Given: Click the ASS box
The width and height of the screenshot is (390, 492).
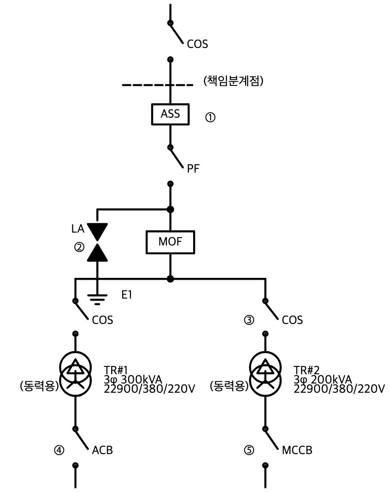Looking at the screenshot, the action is [x=170, y=114].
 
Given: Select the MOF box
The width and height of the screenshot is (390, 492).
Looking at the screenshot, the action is [x=170, y=242].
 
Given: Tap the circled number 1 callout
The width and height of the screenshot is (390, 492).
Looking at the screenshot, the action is [x=210, y=117].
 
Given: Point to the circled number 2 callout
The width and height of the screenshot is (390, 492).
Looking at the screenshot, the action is [x=79, y=247].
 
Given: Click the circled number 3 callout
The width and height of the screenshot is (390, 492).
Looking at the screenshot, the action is [x=249, y=320].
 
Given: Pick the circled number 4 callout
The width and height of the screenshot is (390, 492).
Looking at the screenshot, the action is [x=59, y=450].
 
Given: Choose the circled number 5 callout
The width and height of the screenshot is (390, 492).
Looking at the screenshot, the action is [x=249, y=450].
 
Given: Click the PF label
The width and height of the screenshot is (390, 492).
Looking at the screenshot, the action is [x=193, y=168].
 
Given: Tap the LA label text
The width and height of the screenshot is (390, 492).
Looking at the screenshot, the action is [x=78, y=229].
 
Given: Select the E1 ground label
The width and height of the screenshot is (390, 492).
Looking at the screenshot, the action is [x=127, y=294].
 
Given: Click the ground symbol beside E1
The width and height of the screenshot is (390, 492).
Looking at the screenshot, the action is [x=97, y=300].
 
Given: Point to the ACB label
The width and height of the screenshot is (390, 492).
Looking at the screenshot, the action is [x=102, y=450].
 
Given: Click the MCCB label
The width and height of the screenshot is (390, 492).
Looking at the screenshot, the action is [x=297, y=450].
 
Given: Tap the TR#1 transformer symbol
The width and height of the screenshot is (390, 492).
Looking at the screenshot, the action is [x=76, y=374].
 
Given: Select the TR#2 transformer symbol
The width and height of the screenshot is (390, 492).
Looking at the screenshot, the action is [x=266, y=374].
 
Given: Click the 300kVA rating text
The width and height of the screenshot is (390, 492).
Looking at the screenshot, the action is [x=142, y=379].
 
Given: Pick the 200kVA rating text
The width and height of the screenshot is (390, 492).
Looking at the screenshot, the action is [x=331, y=379].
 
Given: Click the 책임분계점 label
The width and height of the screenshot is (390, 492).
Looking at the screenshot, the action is [x=233, y=81].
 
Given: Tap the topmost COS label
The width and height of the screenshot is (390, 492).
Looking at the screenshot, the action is [x=197, y=44].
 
